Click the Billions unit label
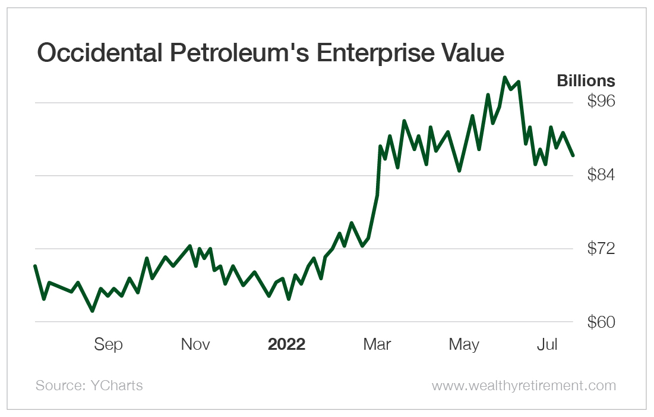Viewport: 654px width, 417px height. click(x=586, y=81)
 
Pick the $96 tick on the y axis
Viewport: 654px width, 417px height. click(x=601, y=102)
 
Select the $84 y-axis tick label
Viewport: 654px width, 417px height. click(x=601, y=175)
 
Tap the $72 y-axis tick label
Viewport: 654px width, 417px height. click(x=601, y=249)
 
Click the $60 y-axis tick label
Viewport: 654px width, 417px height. click(x=601, y=322)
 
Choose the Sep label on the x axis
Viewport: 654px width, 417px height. click(x=108, y=344)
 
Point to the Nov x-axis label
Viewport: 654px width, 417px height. click(x=195, y=344)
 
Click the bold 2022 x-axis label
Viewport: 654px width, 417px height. click(x=286, y=344)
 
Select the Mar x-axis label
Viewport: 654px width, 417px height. click(x=377, y=344)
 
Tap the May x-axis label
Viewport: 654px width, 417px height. click(x=464, y=344)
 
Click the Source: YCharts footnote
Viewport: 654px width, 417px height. click(x=89, y=385)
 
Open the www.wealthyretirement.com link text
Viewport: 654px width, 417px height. click(x=524, y=385)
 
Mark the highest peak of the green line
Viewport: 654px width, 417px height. click(x=505, y=78)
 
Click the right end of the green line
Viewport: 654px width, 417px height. click(x=573, y=155)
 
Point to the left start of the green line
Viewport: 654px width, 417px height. click(x=35, y=266)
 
